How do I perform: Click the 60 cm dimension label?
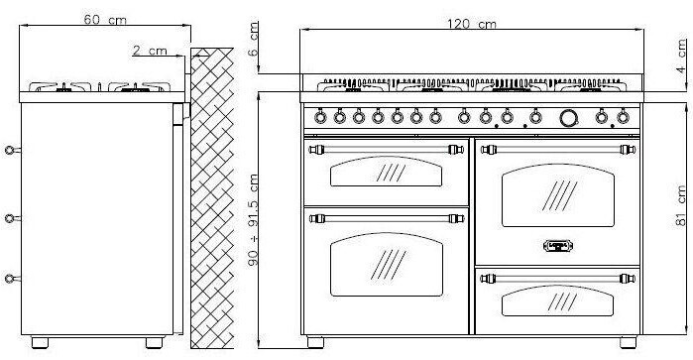click(x=105, y=20)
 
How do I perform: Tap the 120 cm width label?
click(x=471, y=24)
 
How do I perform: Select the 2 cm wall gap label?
click(x=151, y=51)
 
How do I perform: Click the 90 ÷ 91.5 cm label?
click(x=253, y=219)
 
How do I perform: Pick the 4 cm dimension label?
click(x=681, y=57)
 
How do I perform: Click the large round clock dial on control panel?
click(x=569, y=118)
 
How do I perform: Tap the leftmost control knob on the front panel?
click(x=320, y=117)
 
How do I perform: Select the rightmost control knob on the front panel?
click(x=623, y=117)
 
